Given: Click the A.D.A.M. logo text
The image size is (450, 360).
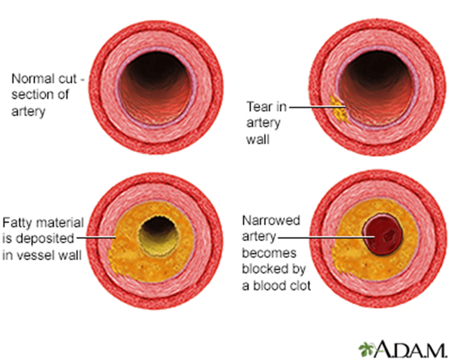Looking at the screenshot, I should pos(408,347).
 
